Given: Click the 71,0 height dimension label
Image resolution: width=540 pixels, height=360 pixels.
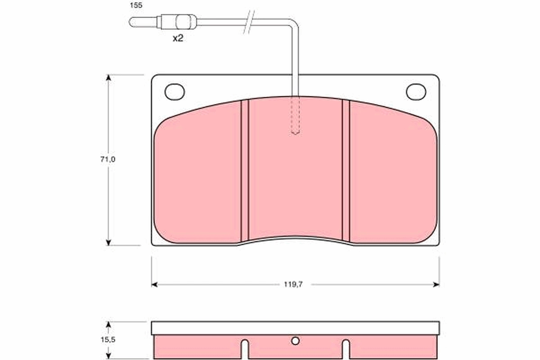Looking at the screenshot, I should [108, 159].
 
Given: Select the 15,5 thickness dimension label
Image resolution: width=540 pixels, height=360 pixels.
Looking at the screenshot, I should [108, 340].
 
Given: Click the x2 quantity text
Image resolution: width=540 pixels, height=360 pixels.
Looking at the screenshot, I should [178, 38].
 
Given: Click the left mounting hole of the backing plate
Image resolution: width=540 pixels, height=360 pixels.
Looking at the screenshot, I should [175, 92].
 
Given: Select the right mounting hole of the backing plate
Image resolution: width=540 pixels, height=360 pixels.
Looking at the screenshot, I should [416, 92].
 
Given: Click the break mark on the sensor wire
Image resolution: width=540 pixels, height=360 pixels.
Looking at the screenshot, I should [250, 22].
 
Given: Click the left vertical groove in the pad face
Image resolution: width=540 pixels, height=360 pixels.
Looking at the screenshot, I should [244, 170].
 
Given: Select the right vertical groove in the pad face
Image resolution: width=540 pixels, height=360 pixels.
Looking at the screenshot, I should [346, 170].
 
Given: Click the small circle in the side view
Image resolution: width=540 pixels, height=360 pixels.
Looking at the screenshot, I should [295, 341].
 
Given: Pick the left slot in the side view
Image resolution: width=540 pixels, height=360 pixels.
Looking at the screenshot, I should [244, 348].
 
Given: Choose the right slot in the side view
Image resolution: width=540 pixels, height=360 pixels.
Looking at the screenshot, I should [346, 348].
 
